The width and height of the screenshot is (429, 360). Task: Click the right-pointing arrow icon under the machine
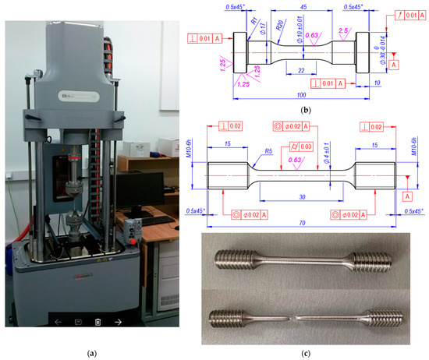118,321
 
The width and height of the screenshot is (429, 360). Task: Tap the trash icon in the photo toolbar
97,321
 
